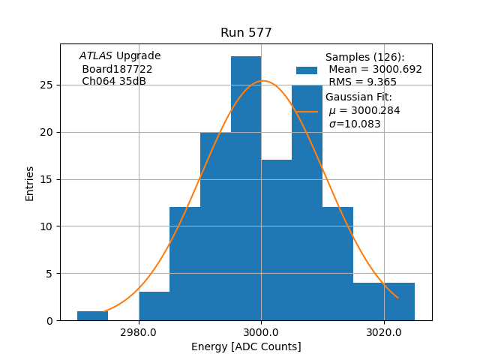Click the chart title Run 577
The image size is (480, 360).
246,33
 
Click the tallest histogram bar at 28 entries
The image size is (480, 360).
246,187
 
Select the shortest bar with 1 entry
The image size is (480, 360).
92,316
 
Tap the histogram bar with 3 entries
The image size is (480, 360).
154,306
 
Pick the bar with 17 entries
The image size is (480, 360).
276,240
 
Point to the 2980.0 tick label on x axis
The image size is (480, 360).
139,332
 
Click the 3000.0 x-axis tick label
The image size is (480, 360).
261,332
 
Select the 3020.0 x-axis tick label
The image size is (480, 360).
384,332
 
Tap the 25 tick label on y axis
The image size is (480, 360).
47,85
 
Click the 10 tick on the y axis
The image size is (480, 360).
47,226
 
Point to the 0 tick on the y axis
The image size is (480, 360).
50,320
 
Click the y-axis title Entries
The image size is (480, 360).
30,183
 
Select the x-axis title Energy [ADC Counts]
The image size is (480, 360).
246,346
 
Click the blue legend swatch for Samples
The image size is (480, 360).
307,70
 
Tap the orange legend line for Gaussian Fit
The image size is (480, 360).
307,111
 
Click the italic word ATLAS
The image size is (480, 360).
96,56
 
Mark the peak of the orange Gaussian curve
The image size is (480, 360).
262,81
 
